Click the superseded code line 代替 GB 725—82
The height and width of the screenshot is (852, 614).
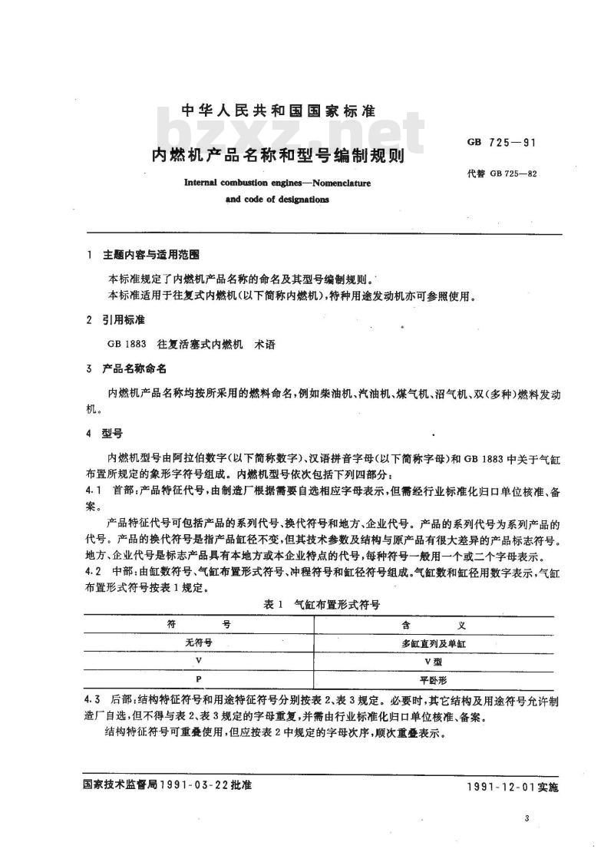coord(500,173)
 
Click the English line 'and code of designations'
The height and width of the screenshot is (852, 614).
coord(277,200)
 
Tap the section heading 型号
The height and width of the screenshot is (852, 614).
coord(114,432)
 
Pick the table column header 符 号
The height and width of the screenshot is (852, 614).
coord(199,625)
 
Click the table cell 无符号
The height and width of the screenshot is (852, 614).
coord(199,642)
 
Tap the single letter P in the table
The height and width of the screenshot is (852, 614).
coord(199,679)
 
